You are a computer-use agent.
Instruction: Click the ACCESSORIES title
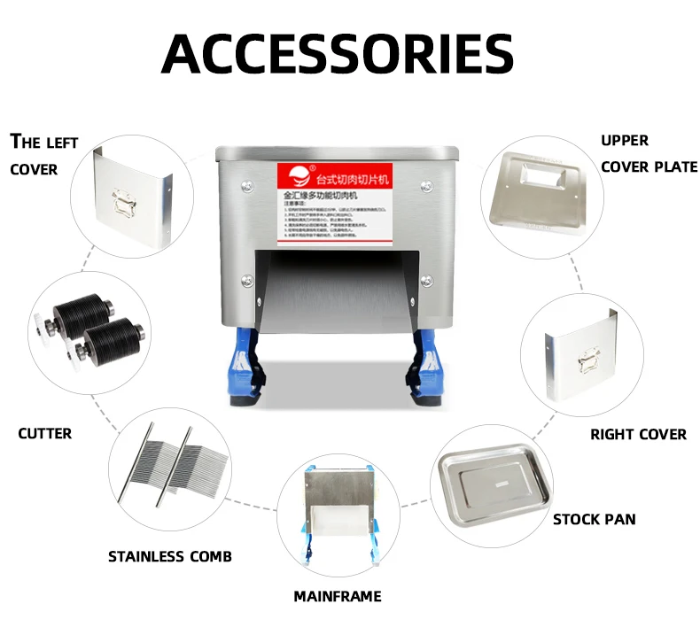(x=338, y=55)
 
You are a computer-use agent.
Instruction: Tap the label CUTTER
(x=45, y=433)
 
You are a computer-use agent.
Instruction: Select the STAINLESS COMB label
(x=170, y=556)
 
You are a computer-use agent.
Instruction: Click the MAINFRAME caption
(x=338, y=596)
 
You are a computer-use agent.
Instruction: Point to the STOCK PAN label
(x=594, y=519)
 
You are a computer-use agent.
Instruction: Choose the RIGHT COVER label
(x=638, y=434)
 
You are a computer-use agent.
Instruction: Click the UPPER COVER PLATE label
(x=649, y=153)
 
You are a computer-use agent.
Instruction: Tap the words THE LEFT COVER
(x=44, y=155)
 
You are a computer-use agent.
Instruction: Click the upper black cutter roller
(x=85, y=310)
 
